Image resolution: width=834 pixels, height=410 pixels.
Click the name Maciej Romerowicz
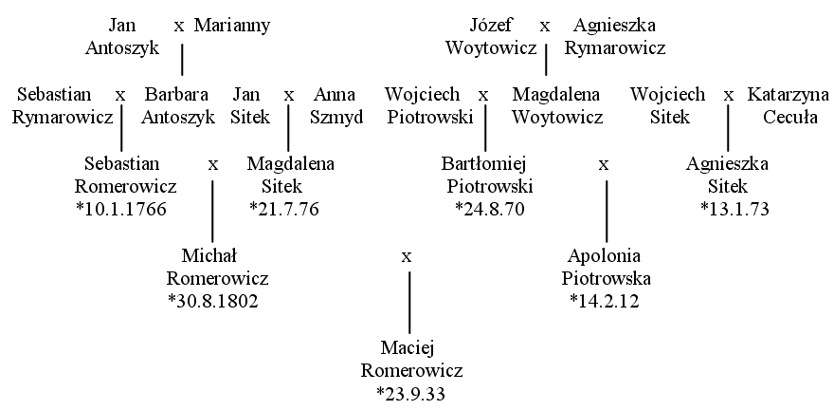[411, 360]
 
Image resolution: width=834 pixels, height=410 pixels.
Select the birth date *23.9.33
[410, 394]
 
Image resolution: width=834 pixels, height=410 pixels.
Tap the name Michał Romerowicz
[218, 268]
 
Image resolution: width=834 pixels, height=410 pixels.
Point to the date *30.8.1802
[212, 302]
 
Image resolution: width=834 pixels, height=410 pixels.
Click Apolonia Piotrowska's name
[606, 268]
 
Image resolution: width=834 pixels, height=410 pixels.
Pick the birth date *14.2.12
[605, 302]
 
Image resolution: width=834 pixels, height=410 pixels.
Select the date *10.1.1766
[120, 209]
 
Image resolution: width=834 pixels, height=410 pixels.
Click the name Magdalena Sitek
[290, 176]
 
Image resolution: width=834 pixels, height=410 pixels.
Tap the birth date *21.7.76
[284, 209]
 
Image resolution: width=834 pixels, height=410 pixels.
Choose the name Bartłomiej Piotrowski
[487, 176]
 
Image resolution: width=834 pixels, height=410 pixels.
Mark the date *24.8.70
[490, 209]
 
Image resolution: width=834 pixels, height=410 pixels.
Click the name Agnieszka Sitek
[727, 176]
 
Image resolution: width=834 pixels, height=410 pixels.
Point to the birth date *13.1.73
[734, 209]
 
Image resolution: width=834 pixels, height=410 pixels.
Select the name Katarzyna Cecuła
[789, 105]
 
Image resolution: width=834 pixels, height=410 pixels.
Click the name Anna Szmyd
[336, 105]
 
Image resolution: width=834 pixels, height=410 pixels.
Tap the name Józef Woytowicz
[491, 37]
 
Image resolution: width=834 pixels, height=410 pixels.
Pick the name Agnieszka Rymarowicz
[615, 37]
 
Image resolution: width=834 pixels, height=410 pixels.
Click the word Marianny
[232, 26]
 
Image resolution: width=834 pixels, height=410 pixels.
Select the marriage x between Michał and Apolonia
[407, 257]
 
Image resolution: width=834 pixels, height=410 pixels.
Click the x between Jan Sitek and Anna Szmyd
[289, 96]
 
